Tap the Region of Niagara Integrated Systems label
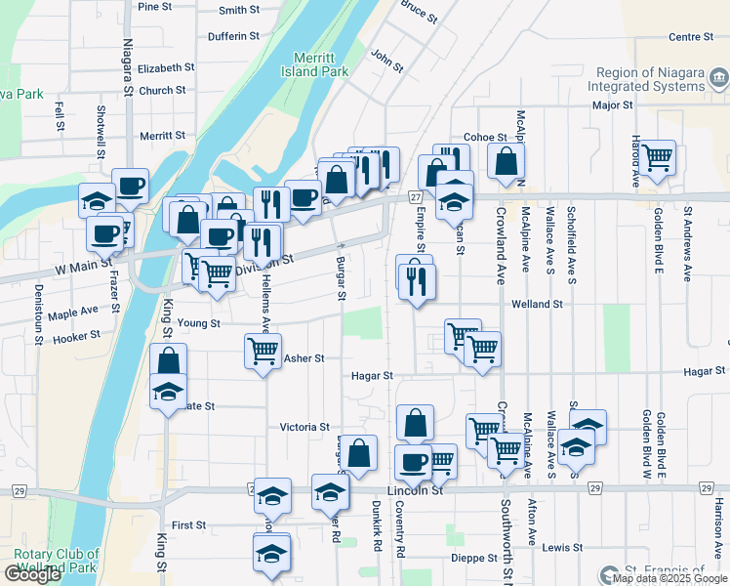pyautogui.click(x=650, y=79)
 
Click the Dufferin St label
pyautogui.click(x=233, y=36)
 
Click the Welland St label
pyautogui.click(x=538, y=304)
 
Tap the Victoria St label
pyautogui.click(x=304, y=427)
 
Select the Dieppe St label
pyautogui.click(x=475, y=558)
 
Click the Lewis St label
pyautogui.click(x=562, y=547)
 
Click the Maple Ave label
pyautogui.click(x=73, y=313)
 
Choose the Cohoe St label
pyautogui.click(x=485, y=138)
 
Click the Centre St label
pyautogui.click(x=692, y=37)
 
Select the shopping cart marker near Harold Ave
pyautogui.click(x=657, y=156)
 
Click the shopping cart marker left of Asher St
pyautogui.click(x=262, y=349)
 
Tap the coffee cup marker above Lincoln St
pyautogui.click(x=413, y=461)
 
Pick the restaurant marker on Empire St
pyautogui.click(x=418, y=282)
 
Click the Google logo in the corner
pyautogui.click(x=33, y=574)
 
